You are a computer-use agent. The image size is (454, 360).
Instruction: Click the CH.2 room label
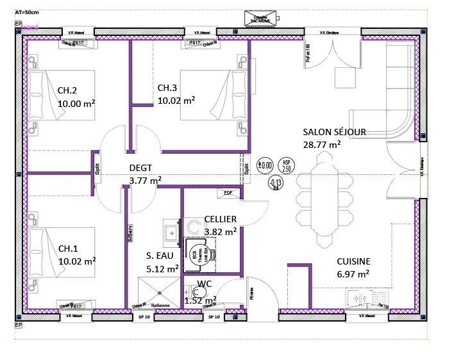click(68, 90)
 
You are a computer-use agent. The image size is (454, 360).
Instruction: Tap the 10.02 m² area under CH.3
click(176, 100)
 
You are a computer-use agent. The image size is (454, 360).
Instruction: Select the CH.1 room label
click(69, 248)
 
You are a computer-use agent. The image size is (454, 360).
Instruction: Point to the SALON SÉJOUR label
click(334, 132)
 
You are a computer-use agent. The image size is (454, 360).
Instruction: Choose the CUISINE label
click(353, 261)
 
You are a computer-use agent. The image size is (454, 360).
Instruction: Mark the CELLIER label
click(221, 219)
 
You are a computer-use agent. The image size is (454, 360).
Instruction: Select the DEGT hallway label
click(141, 168)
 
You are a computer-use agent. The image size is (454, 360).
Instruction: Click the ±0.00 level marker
click(265, 164)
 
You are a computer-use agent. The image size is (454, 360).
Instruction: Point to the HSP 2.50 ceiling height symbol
click(287, 165)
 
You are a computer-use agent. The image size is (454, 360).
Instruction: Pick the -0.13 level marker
click(276, 184)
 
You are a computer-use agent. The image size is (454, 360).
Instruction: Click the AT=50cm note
click(28, 12)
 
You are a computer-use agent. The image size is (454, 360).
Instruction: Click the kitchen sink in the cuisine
click(360, 298)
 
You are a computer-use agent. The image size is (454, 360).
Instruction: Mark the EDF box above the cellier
click(228, 192)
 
